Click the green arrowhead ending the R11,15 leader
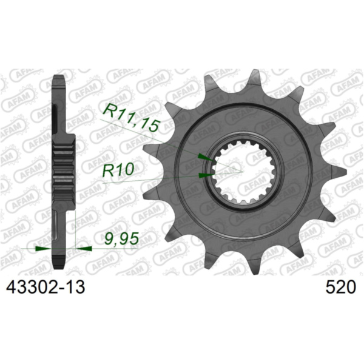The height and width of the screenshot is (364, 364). pos(206,158)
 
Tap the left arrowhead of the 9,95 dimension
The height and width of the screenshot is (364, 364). pos(42,248)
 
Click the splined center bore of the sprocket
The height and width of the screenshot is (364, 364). pos(241,172)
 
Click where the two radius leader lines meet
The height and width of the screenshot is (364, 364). pos(242,172)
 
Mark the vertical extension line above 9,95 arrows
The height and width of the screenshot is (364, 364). pos(75,231)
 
